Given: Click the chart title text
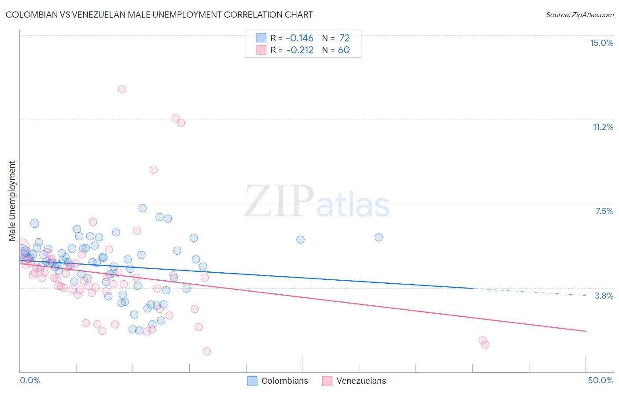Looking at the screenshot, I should click(x=159, y=15).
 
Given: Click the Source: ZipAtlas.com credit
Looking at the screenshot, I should click(x=579, y=15).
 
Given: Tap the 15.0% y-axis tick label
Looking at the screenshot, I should click(x=601, y=43).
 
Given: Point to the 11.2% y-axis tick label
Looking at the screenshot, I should click(x=603, y=127).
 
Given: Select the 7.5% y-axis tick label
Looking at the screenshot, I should click(x=604, y=211).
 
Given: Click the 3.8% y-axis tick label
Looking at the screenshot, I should click(x=604, y=296).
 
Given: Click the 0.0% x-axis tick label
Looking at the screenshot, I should click(x=30, y=380).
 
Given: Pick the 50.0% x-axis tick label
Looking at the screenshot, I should click(x=600, y=380).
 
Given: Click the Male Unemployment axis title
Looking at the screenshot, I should click(x=12, y=201).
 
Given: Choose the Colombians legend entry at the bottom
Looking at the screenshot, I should click(x=284, y=381).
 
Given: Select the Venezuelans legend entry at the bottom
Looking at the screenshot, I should click(x=361, y=381).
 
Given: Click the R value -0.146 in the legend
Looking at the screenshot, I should click(x=300, y=38).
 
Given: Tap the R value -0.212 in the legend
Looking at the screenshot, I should click(x=300, y=50).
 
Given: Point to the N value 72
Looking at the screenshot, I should click(x=344, y=38).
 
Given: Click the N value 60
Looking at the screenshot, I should click(x=344, y=50).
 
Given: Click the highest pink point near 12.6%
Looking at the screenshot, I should click(x=122, y=89).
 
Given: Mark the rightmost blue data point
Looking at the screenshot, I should click(x=378, y=237).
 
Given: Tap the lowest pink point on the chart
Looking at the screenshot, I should click(x=206, y=351).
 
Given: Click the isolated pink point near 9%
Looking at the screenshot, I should click(x=153, y=170).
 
